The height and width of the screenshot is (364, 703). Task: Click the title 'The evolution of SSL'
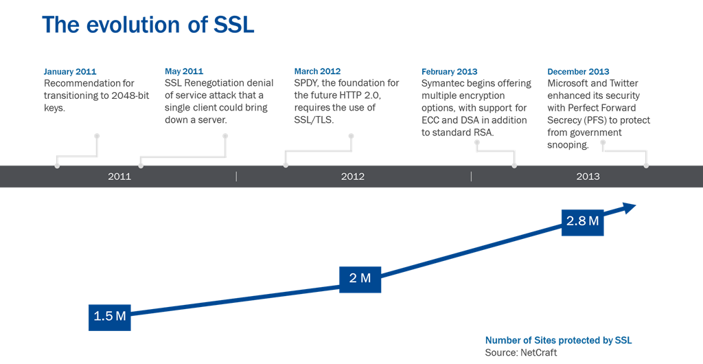pyautogui.click(x=148, y=25)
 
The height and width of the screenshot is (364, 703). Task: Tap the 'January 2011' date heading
pyautogui.click(x=70, y=71)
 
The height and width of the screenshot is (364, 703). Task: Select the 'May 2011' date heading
pyautogui.click(x=184, y=71)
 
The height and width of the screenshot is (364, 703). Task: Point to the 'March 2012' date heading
pyautogui.click(x=317, y=71)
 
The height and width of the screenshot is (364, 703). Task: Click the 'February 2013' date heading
pyautogui.click(x=449, y=71)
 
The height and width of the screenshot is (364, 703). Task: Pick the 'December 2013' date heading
pyautogui.click(x=578, y=71)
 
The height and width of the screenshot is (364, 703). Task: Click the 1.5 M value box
pyautogui.click(x=110, y=316)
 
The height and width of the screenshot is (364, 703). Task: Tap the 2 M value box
pyautogui.click(x=360, y=278)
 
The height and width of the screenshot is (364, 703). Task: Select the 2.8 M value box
pyautogui.click(x=582, y=221)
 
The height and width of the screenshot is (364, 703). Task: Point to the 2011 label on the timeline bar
pyautogui.click(x=119, y=177)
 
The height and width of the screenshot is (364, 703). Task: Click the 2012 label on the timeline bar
pyautogui.click(x=353, y=177)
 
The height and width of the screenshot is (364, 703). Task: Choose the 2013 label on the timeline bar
pyautogui.click(x=588, y=177)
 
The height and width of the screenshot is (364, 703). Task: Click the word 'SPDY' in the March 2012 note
pyautogui.click(x=306, y=83)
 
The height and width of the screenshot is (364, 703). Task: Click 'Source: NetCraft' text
pyautogui.click(x=521, y=352)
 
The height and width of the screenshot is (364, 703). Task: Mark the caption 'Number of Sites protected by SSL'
pyautogui.click(x=559, y=340)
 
